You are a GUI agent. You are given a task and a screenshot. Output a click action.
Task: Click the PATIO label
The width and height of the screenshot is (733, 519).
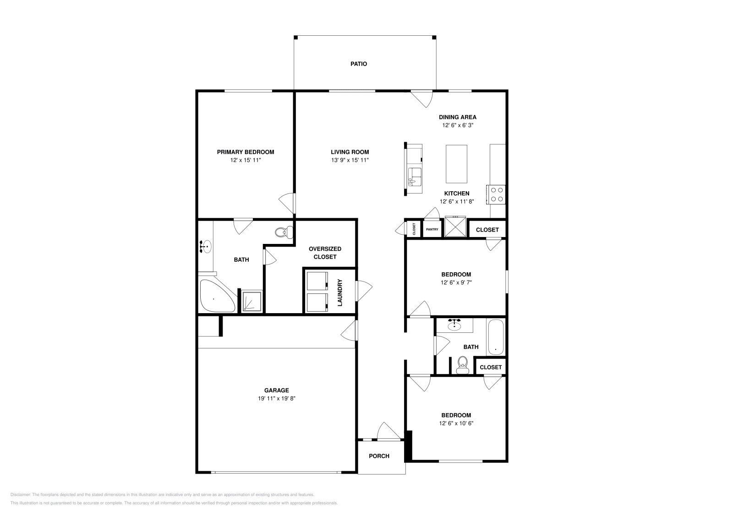click(359, 64)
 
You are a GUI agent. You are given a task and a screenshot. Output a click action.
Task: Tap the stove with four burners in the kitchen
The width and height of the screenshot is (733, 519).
click(496, 195)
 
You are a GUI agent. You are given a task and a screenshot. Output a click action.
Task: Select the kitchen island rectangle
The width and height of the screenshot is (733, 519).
click(456, 164)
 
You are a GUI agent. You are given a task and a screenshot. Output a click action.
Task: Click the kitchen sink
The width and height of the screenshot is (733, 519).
click(415, 177)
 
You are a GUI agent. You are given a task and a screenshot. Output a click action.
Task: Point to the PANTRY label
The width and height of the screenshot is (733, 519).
click(432, 230)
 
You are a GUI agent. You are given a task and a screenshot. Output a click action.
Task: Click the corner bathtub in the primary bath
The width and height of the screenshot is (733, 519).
click(217, 296)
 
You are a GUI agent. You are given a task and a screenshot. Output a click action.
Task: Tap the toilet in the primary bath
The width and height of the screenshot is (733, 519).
click(284, 232)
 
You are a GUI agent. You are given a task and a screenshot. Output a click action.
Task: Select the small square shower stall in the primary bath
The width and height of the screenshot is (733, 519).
click(252, 301)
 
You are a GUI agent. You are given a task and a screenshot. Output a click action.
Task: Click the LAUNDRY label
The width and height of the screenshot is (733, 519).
click(339, 293)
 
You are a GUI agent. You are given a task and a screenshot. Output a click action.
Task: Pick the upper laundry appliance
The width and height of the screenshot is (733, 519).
click(317, 281)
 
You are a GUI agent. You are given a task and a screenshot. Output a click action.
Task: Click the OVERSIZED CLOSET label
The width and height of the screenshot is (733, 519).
click(325, 253)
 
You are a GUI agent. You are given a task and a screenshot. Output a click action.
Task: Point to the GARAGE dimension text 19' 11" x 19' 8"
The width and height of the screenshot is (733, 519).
click(277, 398)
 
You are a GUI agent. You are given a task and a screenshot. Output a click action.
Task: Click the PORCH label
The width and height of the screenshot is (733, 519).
click(379, 456)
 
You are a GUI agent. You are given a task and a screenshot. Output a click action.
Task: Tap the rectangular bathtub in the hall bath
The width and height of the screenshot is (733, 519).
click(496, 337)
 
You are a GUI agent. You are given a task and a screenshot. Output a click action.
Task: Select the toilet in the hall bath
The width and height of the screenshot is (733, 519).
click(462, 365)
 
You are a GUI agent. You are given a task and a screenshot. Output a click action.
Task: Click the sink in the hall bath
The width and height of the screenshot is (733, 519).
click(454, 326)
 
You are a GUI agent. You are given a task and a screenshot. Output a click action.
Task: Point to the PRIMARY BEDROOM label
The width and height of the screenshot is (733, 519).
click(246, 152)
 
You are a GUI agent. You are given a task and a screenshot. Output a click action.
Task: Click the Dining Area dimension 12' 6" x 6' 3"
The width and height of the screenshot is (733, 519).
click(458, 125)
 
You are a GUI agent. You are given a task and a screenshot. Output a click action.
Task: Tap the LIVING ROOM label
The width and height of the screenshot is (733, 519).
click(350, 152)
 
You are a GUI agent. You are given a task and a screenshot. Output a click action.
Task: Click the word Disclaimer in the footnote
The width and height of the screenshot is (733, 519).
click(21, 495)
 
